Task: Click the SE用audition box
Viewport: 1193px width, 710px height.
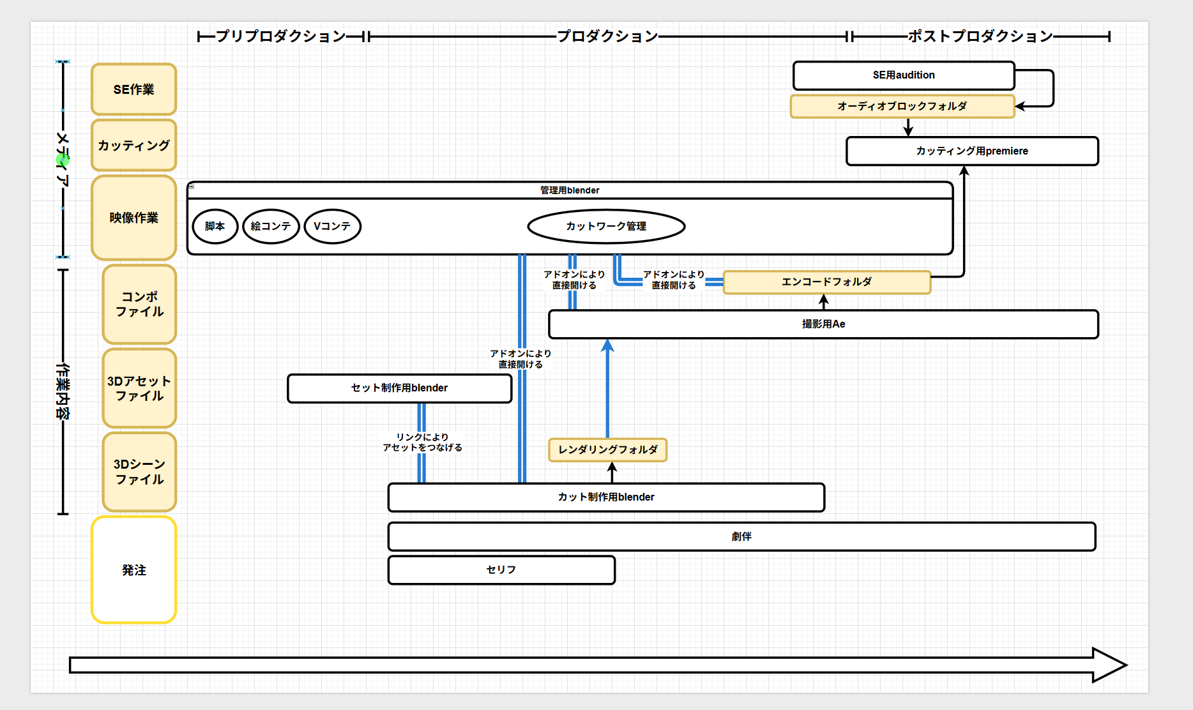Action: [x=904, y=75]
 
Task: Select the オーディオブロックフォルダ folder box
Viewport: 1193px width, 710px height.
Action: [x=902, y=106]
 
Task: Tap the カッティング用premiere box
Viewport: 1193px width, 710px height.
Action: [x=972, y=151]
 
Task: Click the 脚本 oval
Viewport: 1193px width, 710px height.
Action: [x=215, y=226]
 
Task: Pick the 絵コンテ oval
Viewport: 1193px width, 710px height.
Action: [x=271, y=226]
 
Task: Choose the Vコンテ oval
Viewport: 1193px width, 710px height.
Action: [x=333, y=226]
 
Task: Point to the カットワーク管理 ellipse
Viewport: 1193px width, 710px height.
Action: [x=606, y=226]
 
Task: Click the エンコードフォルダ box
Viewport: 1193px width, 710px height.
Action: [x=827, y=282]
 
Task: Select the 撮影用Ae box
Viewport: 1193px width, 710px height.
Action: [x=824, y=324]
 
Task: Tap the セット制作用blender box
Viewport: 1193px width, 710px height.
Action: [x=400, y=388]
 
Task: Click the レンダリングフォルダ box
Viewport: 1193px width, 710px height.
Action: [x=608, y=449]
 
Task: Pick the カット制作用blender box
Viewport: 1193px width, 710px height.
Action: [x=606, y=497]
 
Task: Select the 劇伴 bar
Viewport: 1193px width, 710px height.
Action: [x=741, y=536]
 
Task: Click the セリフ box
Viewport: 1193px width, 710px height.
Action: [x=501, y=570]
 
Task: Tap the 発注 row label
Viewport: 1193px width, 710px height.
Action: [x=134, y=570]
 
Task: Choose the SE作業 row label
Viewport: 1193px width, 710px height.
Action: [x=134, y=89]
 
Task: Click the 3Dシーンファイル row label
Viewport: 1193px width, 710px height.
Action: [x=140, y=472]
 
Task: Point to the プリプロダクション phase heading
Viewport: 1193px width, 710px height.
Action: [x=281, y=36]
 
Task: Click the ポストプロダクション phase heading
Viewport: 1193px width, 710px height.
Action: [x=980, y=36]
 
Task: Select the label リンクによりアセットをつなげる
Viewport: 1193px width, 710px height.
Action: [x=422, y=442]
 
